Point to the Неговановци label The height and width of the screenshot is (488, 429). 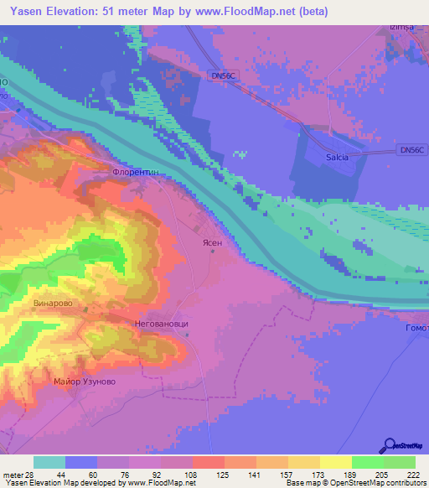(161, 321)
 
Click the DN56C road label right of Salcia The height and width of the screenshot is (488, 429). (412, 149)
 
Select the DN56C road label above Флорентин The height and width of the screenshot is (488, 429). (220, 75)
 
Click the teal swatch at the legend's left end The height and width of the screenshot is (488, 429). (49, 462)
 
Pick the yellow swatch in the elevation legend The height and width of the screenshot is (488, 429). (336, 462)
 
